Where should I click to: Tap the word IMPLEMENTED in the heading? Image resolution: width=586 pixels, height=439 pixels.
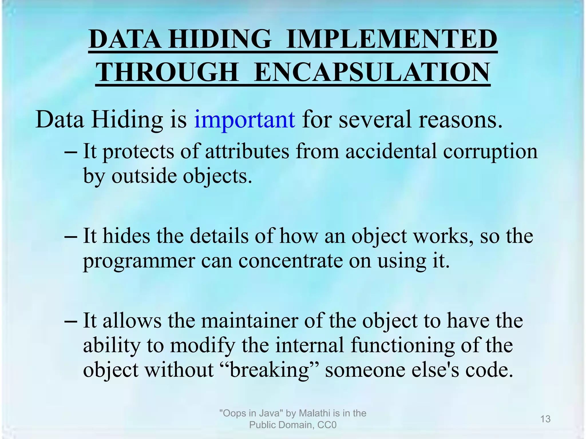tap(392, 39)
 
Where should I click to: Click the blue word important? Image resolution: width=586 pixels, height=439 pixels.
tap(244, 119)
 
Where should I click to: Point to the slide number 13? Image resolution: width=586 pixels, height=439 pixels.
tap(545, 419)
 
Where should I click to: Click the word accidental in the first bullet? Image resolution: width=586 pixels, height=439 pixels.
tap(391, 151)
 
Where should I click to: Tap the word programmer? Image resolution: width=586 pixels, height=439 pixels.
tap(139, 262)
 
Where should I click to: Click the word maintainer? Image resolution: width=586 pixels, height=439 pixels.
tap(250, 321)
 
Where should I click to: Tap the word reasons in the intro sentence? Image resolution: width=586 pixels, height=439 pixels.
tap(460, 119)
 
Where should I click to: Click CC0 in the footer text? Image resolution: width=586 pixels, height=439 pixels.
tap(327, 425)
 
